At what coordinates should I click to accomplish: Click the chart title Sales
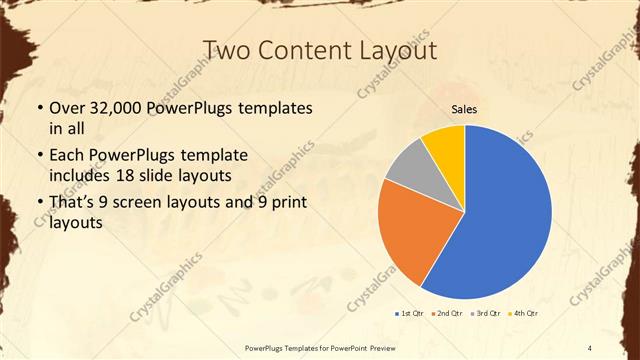click(x=464, y=109)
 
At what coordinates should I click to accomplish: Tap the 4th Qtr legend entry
click(x=525, y=314)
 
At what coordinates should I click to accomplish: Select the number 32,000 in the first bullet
click(x=115, y=107)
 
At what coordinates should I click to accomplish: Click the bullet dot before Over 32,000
click(x=39, y=108)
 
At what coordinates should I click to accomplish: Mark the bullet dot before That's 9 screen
click(x=39, y=205)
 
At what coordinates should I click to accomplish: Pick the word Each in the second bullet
click(x=67, y=156)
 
